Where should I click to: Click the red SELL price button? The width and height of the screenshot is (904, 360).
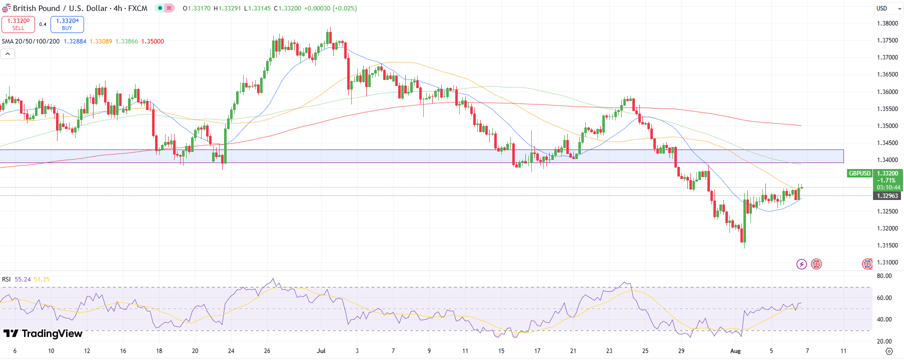(18, 24)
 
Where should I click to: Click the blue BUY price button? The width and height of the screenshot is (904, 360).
(67, 24)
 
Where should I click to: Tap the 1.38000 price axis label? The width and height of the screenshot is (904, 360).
(887, 23)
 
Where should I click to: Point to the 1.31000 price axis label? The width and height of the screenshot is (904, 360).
(887, 262)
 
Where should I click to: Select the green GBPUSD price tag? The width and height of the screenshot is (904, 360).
(859, 173)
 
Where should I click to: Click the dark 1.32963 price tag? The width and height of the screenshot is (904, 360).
(887, 196)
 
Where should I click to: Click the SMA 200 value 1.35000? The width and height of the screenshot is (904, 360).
(153, 41)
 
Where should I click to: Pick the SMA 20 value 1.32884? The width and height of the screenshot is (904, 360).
(75, 41)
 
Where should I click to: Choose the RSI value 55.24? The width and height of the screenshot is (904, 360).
(23, 279)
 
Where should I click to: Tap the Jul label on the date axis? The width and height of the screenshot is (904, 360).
(321, 351)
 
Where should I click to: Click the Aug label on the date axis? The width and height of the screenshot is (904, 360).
(735, 351)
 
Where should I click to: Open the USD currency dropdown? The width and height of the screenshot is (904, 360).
(888, 8)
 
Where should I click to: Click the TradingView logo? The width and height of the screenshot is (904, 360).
(43, 333)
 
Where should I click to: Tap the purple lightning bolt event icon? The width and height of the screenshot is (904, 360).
(801, 264)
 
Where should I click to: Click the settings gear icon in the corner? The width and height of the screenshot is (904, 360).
(889, 351)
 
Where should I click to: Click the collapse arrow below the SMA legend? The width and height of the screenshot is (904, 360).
(8, 53)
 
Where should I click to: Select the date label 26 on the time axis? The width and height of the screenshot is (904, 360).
(267, 351)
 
